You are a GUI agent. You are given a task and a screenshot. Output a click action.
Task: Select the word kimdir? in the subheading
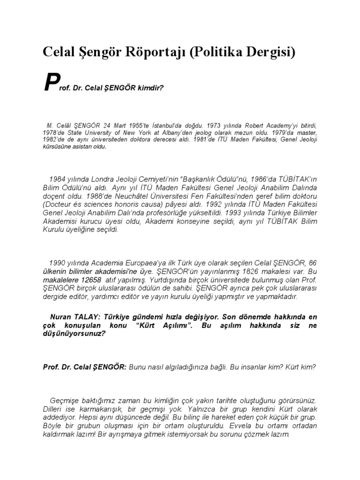tap(149, 87)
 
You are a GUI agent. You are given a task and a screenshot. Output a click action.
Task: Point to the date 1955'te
tap(122, 125)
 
